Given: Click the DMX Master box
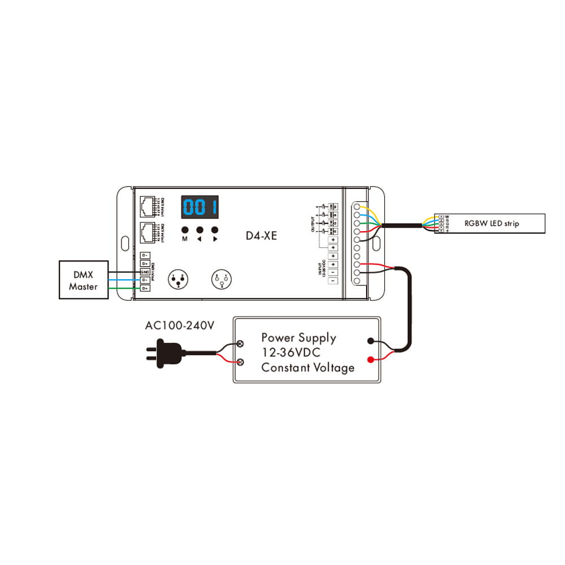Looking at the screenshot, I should coord(83,280).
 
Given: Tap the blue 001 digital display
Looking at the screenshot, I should coord(199,207).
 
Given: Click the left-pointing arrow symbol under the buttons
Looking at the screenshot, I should coord(199,239).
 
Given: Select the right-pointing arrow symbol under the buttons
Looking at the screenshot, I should coord(215,239).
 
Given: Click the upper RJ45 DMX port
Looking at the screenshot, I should coord(148,206).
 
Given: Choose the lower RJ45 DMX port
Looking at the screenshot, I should coord(148,232).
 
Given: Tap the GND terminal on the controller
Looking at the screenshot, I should coord(145,272).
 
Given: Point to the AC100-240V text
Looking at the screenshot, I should coord(180,326).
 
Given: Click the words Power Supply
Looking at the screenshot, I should coord(298,338).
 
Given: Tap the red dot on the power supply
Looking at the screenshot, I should coord(371,360).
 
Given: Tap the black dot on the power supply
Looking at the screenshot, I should coord(371,341).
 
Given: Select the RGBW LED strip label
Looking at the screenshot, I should coord(491,223).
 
